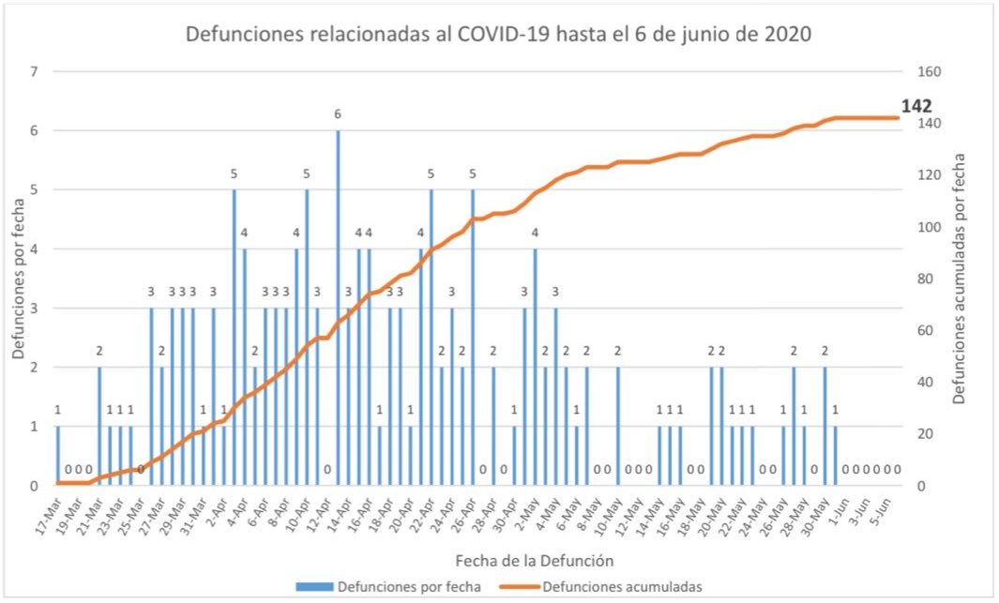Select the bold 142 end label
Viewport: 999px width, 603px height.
pyautogui.click(x=916, y=106)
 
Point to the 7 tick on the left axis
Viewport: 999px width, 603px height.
pyautogui.click(x=35, y=72)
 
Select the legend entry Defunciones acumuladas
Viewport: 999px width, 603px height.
pyautogui.click(x=621, y=587)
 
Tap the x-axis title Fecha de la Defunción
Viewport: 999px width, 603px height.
pyautogui.click(x=535, y=561)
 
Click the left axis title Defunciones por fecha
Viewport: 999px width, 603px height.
pyautogui.click(x=19, y=279)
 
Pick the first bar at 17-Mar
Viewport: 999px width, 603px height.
pyautogui.click(x=57, y=456)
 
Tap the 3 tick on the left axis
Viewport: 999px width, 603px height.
pyautogui.click(x=35, y=308)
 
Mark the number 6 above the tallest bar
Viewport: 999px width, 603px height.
pyautogui.click(x=338, y=114)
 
